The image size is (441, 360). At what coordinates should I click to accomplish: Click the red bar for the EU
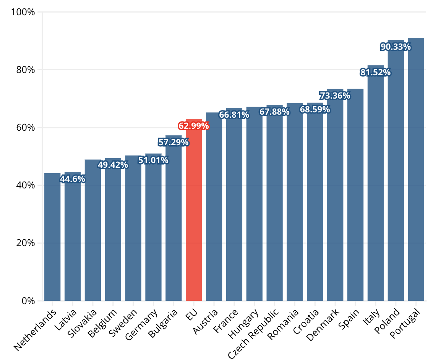pos(194,210)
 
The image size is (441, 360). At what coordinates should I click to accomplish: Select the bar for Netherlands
pos(52,237)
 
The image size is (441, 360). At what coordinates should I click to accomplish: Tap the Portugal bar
pos(416,169)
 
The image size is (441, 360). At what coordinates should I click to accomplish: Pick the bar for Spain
pos(355,195)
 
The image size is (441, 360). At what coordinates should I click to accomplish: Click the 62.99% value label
pos(194,126)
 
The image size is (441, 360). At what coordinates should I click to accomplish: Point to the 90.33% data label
pos(396,47)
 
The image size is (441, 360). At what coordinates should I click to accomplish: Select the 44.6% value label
pos(73,179)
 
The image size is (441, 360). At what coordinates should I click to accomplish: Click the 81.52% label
pos(376,72)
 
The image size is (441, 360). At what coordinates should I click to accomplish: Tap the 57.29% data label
pos(173,142)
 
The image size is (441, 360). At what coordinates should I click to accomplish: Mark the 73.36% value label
pos(335,96)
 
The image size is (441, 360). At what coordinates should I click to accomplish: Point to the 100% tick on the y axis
pos(23,12)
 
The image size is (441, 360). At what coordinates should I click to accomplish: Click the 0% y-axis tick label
pos(28,301)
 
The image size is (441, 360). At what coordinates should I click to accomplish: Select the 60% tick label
pos(26,127)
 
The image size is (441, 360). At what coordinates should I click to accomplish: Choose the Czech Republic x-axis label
pos(253,333)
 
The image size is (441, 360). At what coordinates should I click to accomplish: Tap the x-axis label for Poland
pos(387,321)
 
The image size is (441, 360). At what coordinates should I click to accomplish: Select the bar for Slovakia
pos(93,230)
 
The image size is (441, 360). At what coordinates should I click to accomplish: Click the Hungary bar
pos(254,204)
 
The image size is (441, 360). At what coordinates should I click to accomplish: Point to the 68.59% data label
pos(315,109)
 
